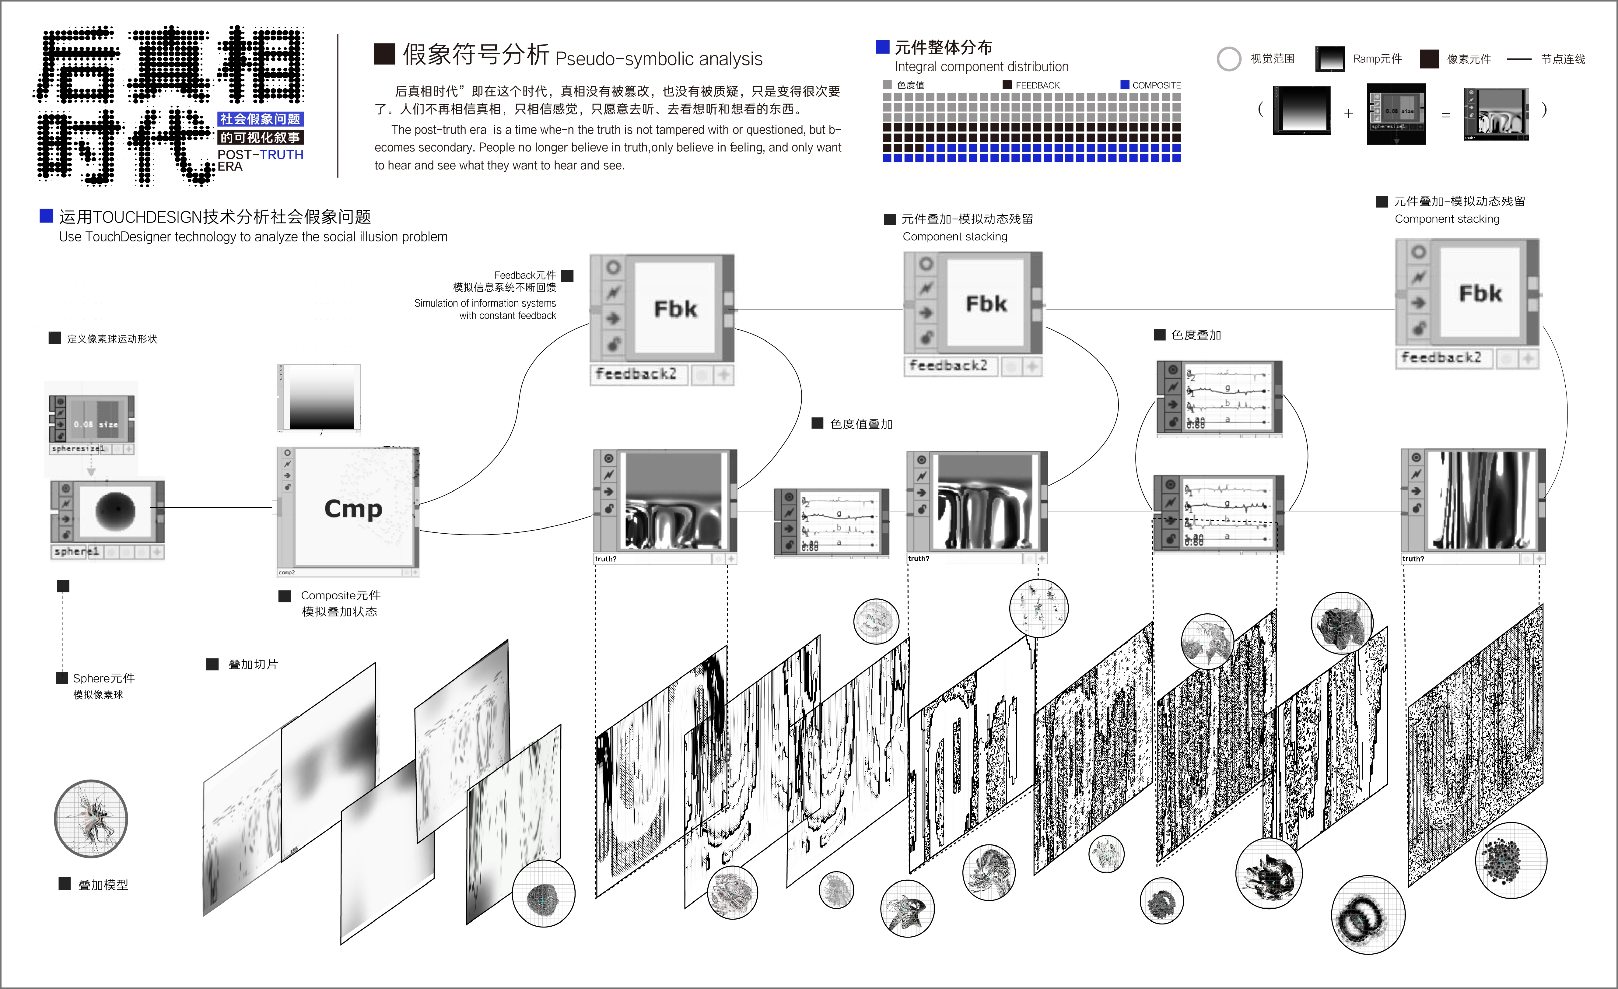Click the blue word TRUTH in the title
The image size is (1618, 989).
coord(282,155)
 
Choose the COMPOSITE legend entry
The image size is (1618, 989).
coord(1156,85)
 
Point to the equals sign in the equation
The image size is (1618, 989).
coord(1445,115)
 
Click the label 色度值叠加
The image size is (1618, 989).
coord(861,424)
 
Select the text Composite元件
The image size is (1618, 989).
coord(340,596)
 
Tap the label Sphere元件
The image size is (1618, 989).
coord(103,679)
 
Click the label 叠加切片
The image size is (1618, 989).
coord(253,665)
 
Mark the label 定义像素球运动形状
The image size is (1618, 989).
coord(112,339)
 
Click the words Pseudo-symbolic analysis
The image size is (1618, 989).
coord(659,59)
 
